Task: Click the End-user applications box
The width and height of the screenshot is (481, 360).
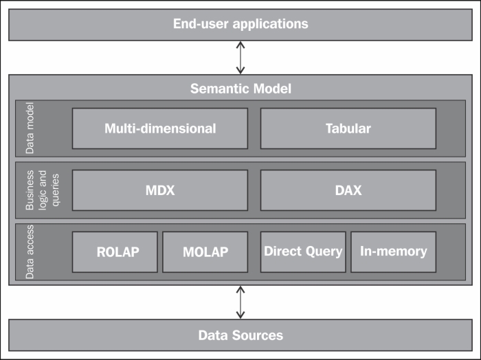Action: [x=240, y=24]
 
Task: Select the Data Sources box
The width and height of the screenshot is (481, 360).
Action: [x=240, y=335]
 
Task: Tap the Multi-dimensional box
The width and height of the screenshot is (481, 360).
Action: [x=160, y=128]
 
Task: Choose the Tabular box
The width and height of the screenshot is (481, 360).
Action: [x=348, y=128]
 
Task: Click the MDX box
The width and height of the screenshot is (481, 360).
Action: [x=160, y=190]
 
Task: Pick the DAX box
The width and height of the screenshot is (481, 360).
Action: [x=348, y=190]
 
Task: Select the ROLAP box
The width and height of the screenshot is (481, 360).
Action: [x=115, y=251]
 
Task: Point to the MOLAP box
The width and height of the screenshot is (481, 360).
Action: [x=205, y=251]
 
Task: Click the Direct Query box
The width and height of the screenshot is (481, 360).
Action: [x=303, y=251]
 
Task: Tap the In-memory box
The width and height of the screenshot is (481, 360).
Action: [x=393, y=251]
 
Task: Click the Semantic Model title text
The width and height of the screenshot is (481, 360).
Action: [x=240, y=89]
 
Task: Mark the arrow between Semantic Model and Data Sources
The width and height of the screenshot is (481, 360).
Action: [x=240, y=302]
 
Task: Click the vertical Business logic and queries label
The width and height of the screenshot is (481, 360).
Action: [x=38, y=190]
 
